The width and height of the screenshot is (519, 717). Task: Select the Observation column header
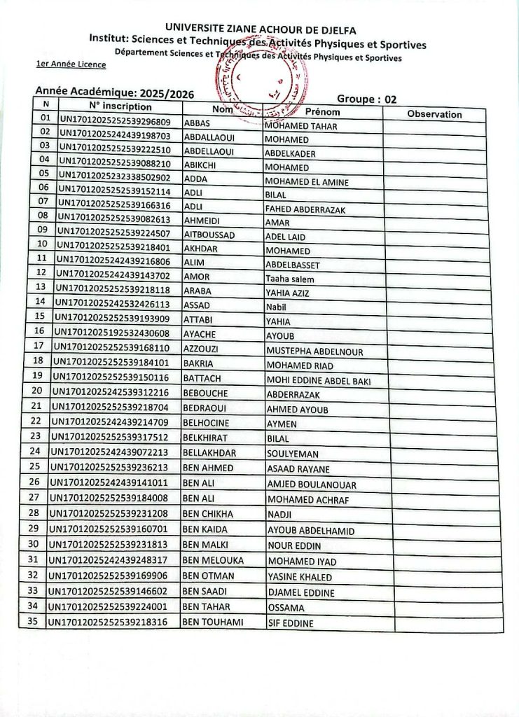pos(434,114)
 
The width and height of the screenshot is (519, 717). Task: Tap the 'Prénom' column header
pos(323,111)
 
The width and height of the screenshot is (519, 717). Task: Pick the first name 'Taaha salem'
pos(289,279)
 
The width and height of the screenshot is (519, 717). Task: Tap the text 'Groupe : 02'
pos(367,99)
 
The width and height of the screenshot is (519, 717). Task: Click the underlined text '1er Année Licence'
pos(71,64)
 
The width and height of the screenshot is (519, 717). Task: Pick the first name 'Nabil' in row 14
pos(277,307)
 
